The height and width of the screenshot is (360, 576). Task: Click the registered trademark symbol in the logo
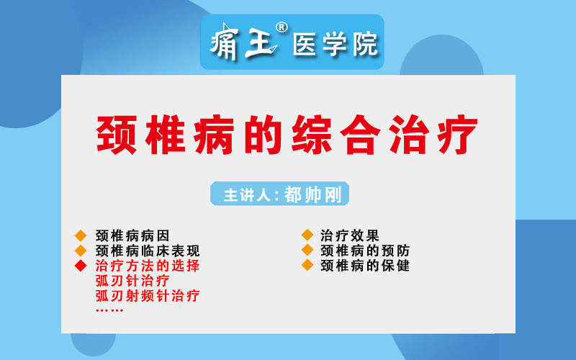(x=282, y=27)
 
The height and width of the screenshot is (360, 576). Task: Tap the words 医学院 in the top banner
(x=336, y=45)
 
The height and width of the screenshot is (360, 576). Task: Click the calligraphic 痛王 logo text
(x=243, y=42)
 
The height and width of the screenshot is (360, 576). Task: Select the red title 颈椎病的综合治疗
(x=287, y=135)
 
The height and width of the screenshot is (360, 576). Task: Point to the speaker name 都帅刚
(x=313, y=194)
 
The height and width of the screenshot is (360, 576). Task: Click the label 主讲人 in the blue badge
(x=247, y=194)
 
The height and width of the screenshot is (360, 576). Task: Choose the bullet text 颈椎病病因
(x=132, y=235)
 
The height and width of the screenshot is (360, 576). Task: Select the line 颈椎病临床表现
(x=148, y=251)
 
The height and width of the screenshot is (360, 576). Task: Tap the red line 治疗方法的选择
(x=148, y=266)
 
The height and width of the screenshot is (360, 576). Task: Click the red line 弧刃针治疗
(x=132, y=281)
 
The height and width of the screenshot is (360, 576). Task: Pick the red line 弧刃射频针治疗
(x=148, y=296)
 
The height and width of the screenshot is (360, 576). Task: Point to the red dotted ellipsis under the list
(x=109, y=310)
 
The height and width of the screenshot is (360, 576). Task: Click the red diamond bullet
(x=81, y=265)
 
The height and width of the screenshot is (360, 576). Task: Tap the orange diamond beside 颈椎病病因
(x=81, y=235)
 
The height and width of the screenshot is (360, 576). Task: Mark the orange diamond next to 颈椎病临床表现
(x=81, y=251)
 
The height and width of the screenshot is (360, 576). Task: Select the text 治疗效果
(x=349, y=235)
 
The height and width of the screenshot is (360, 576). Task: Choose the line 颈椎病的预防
(x=365, y=251)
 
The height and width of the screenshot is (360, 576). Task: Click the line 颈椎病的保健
(x=365, y=265)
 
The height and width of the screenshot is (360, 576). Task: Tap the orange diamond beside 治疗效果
(x=307, y=235)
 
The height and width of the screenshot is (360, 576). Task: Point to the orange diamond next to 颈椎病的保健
(x=307, y=265)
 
